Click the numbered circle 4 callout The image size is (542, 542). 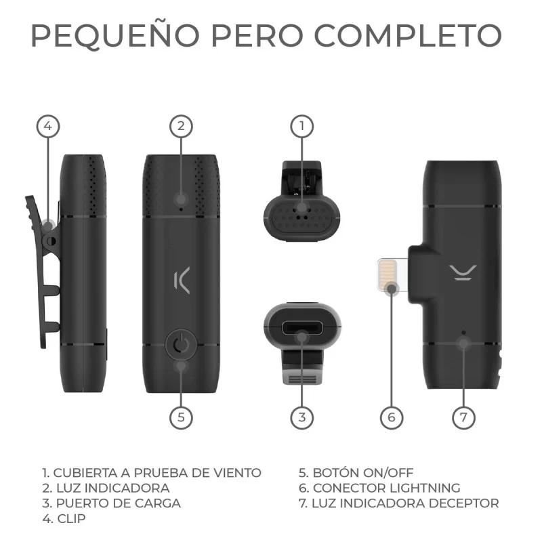click(x=48, y=126)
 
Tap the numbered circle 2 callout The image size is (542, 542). click(x=180, y=126)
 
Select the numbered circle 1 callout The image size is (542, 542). click(x=302, y=126)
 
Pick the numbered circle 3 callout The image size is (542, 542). click(x=302, y=417)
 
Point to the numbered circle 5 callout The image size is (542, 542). click(x=180, y=417)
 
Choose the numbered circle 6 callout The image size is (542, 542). click(x=391, y=417)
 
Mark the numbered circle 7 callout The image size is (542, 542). click(x=464, y=417)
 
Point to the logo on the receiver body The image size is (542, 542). click(x=464, y=270)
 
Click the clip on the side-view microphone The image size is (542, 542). click(x=41, y=271)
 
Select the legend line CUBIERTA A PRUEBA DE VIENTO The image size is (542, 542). click(x=151, y=472)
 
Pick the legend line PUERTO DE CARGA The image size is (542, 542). click(x=111, y=503)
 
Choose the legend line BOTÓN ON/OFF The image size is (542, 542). click(x=356, y=472)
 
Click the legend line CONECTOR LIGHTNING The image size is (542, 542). click(x=379, y=488)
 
